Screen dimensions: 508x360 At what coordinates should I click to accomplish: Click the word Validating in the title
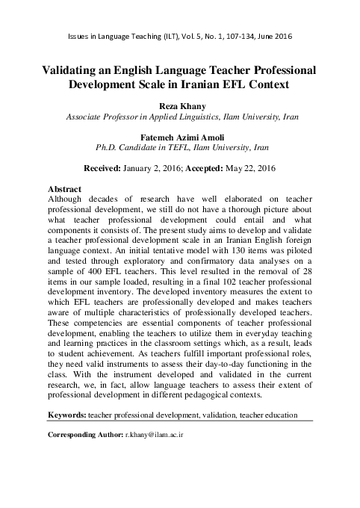pyautogui.click(x=76, y=70)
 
